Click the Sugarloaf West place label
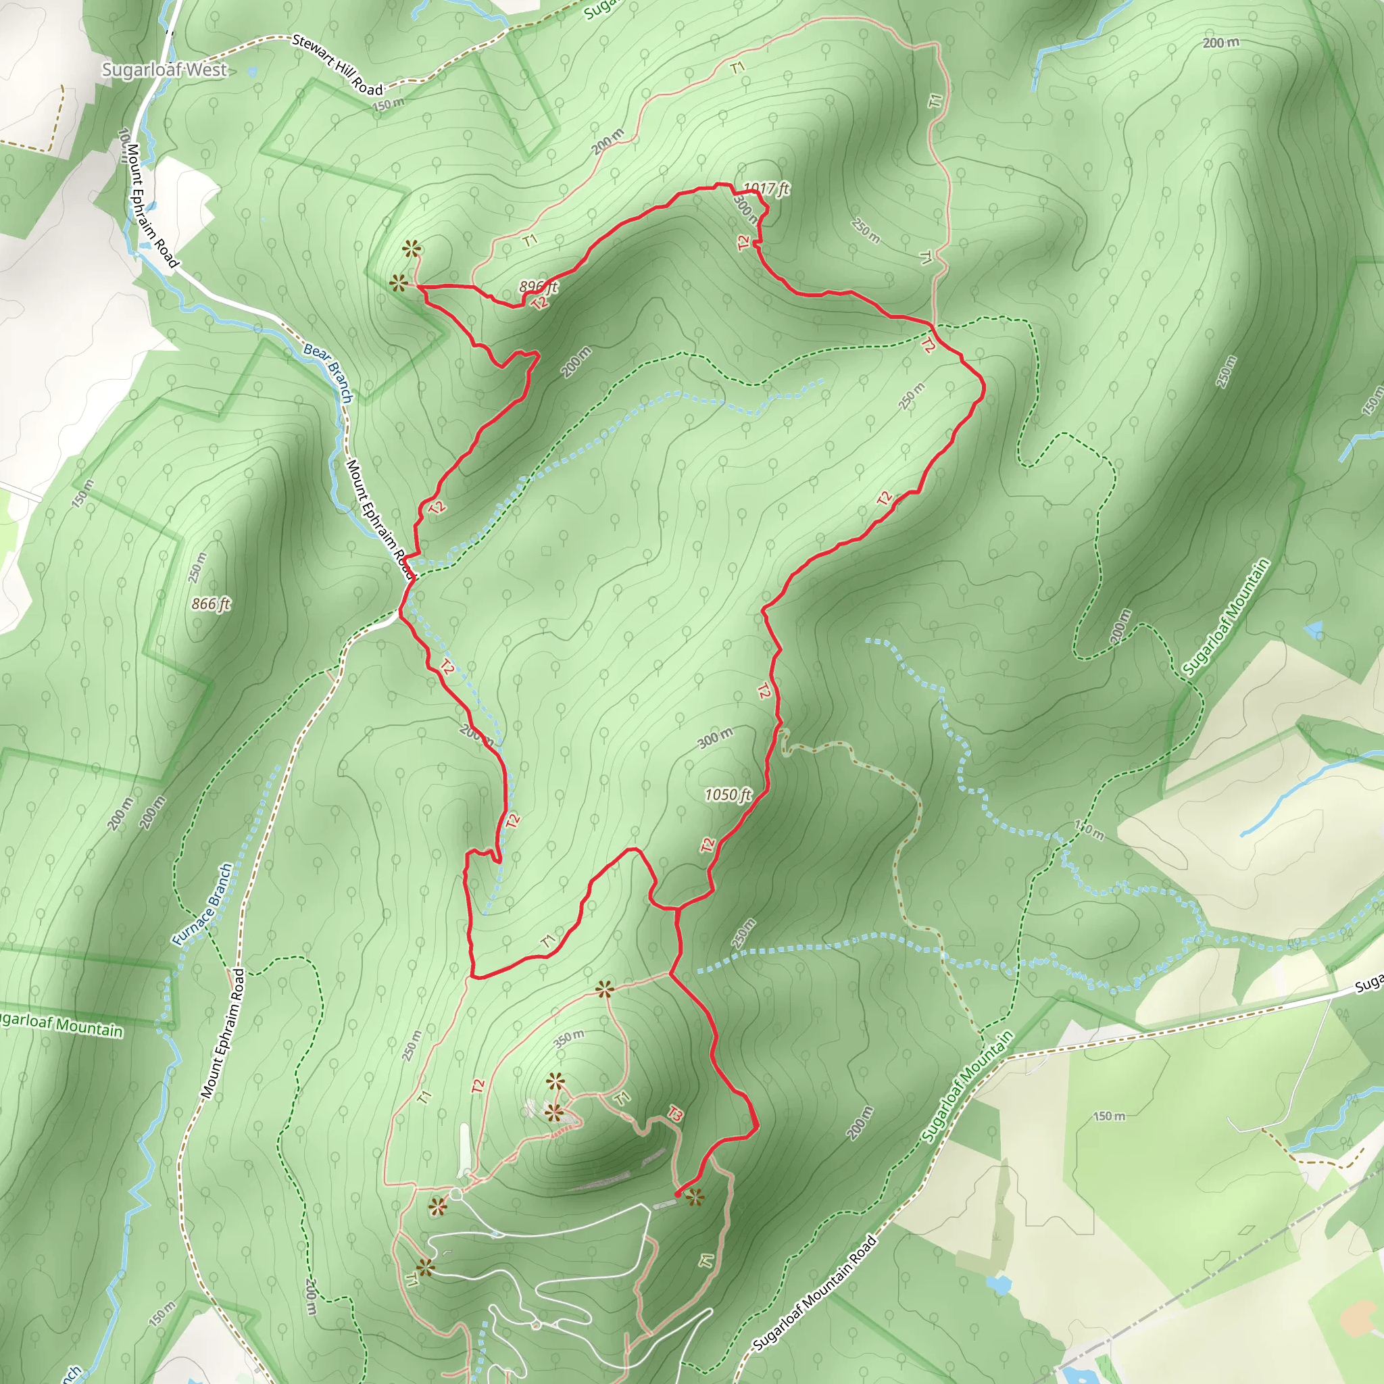164,70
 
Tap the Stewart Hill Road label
337,64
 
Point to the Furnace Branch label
203,905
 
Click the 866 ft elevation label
211,604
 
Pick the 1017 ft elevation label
766,189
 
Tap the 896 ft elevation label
538,287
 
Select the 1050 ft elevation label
728,795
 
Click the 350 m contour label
569,1037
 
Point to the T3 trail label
675,1113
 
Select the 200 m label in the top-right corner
1220,43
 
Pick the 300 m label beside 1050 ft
716,738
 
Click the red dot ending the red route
678,1195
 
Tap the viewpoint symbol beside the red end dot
695,1196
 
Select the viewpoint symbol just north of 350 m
605,991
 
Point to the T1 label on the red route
549,941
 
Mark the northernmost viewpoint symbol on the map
410,249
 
